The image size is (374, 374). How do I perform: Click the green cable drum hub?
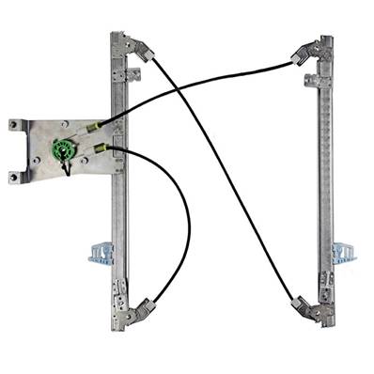(x=63, y=149)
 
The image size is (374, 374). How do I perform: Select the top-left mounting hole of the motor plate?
(x=14, y=124)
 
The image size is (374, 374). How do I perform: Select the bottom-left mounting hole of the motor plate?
(x=14, y=176)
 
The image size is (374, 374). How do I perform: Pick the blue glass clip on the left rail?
(x=101, y=252)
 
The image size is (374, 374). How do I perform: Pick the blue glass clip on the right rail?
(x=343, y=253)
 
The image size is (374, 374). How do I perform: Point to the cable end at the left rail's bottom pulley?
(x=153, y=301)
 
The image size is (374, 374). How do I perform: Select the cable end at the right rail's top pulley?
(x=294, y=63)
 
